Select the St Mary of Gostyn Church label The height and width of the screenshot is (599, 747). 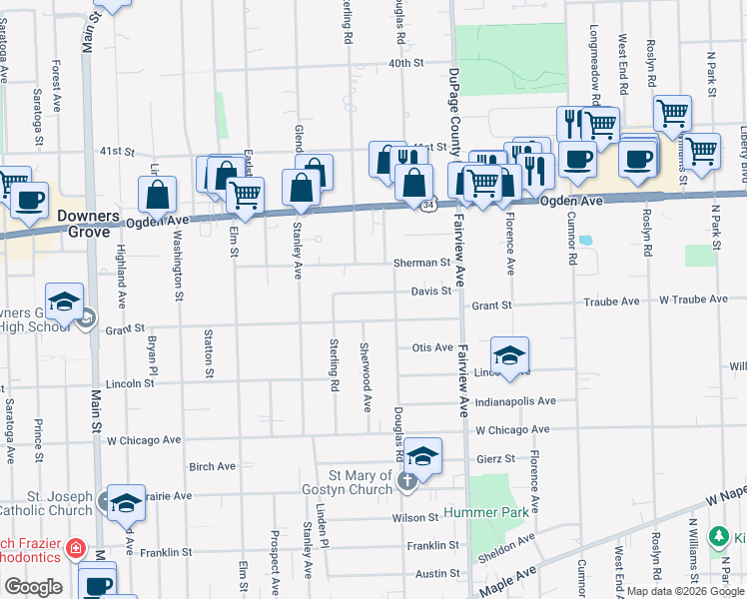tap(349, 481)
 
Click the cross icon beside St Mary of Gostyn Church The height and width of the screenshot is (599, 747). tap(405, 481)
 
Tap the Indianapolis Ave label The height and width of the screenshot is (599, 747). tap(515, 401)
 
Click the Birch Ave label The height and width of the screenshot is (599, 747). tap(212, 465)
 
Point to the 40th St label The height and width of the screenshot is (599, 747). tap(406, 62)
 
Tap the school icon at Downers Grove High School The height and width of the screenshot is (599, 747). tap(64, 300)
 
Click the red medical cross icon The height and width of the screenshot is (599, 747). tap(76, 549)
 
